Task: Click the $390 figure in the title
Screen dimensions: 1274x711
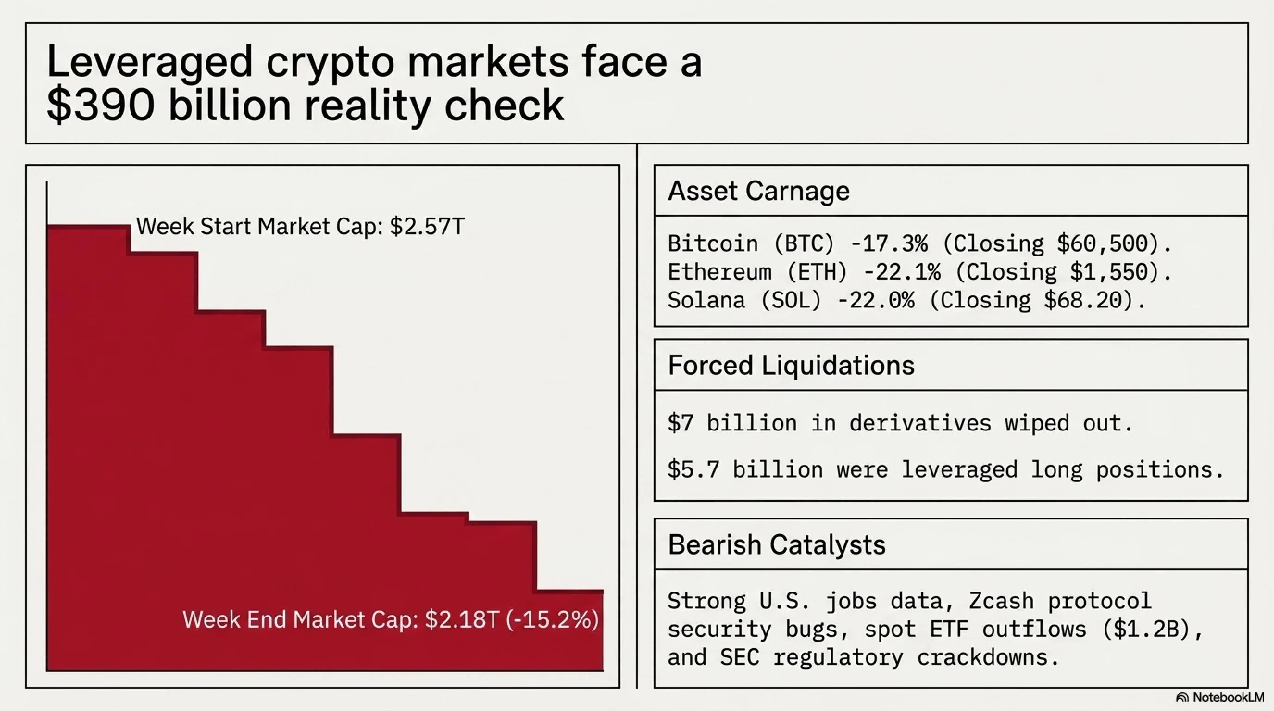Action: pyautogui.click(x=100, y=105)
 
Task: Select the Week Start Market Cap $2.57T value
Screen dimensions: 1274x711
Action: pyautogui.click(x=427, y=226)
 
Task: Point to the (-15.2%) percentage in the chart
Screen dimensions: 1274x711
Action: pyautogui.click(x=552, y=619)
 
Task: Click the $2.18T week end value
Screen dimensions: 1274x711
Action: pyautogui.click(x=462, y=619)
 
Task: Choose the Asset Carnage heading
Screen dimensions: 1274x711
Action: pyautogui.click(x=759, y=191)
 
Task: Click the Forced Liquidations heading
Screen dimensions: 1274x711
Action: pyautogui.click(x=791, y=365)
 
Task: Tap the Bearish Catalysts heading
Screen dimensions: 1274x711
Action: pyautogui.click(x=776, y=545)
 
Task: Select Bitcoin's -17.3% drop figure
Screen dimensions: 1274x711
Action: pyautogui.click(x=889, y=244)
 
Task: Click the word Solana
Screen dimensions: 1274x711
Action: pyautogui.click(x=706, y=300)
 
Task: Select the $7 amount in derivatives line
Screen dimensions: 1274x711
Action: pyautogui.click(x=681, y=423)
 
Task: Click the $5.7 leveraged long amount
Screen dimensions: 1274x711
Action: pyautogui.click(x=693, y=469)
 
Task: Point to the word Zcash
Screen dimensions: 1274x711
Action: pyautogui.click(x=1001, y=601)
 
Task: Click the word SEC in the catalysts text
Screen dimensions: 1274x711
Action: pyautogui.click(x=739, y=658)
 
